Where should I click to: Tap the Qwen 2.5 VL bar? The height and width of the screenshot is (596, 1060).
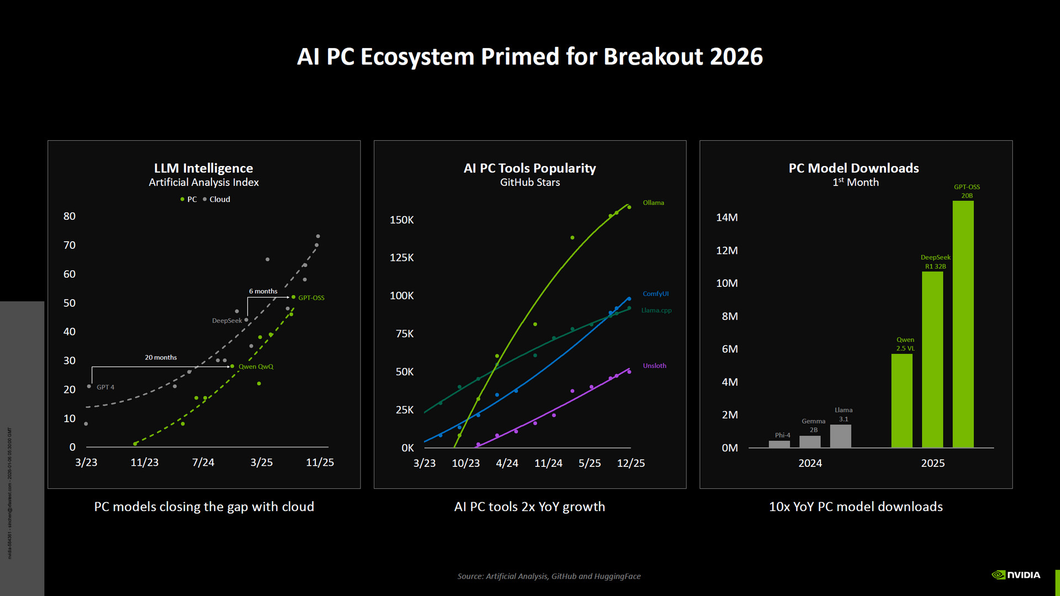coord(902,401)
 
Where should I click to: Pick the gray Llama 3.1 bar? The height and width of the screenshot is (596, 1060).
coord(840,436)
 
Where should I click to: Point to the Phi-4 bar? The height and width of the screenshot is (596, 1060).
coord(779,444)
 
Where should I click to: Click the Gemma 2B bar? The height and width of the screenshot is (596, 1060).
coord(810,441)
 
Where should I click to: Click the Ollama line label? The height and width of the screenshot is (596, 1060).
coord(653,203)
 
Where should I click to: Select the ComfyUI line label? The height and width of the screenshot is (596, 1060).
coord(655,294)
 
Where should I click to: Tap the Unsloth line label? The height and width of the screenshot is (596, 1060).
coord(654,366)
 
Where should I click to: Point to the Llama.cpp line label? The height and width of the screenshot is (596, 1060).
coord(656,311)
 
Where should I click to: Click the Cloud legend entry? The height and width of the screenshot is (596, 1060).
coord(219,200)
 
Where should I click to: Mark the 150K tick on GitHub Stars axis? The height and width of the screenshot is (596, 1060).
coord(401,220)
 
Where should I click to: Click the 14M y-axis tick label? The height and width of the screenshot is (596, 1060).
coord(727,217)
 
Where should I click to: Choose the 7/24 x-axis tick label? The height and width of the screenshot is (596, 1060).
coord(203,462)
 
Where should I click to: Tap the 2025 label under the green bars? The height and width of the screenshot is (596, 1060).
coord(932,464)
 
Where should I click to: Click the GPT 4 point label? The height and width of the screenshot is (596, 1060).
coord(105,387)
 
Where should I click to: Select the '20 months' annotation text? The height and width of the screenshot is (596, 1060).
coord(161,358)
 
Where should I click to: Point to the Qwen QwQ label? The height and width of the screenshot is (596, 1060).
coord(256,367)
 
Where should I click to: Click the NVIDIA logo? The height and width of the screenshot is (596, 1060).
coord(1016,575)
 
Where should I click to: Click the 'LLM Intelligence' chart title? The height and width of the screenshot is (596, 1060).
coord(203,168)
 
